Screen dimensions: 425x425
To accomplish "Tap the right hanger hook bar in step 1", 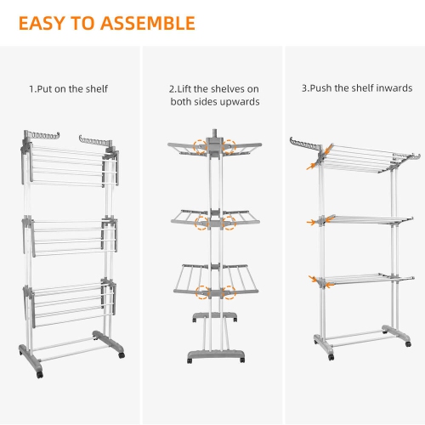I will (x=96, y=139).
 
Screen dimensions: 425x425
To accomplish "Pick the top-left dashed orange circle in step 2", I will (x=201, y=147).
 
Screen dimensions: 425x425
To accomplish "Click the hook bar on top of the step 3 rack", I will (x=305, y=144).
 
